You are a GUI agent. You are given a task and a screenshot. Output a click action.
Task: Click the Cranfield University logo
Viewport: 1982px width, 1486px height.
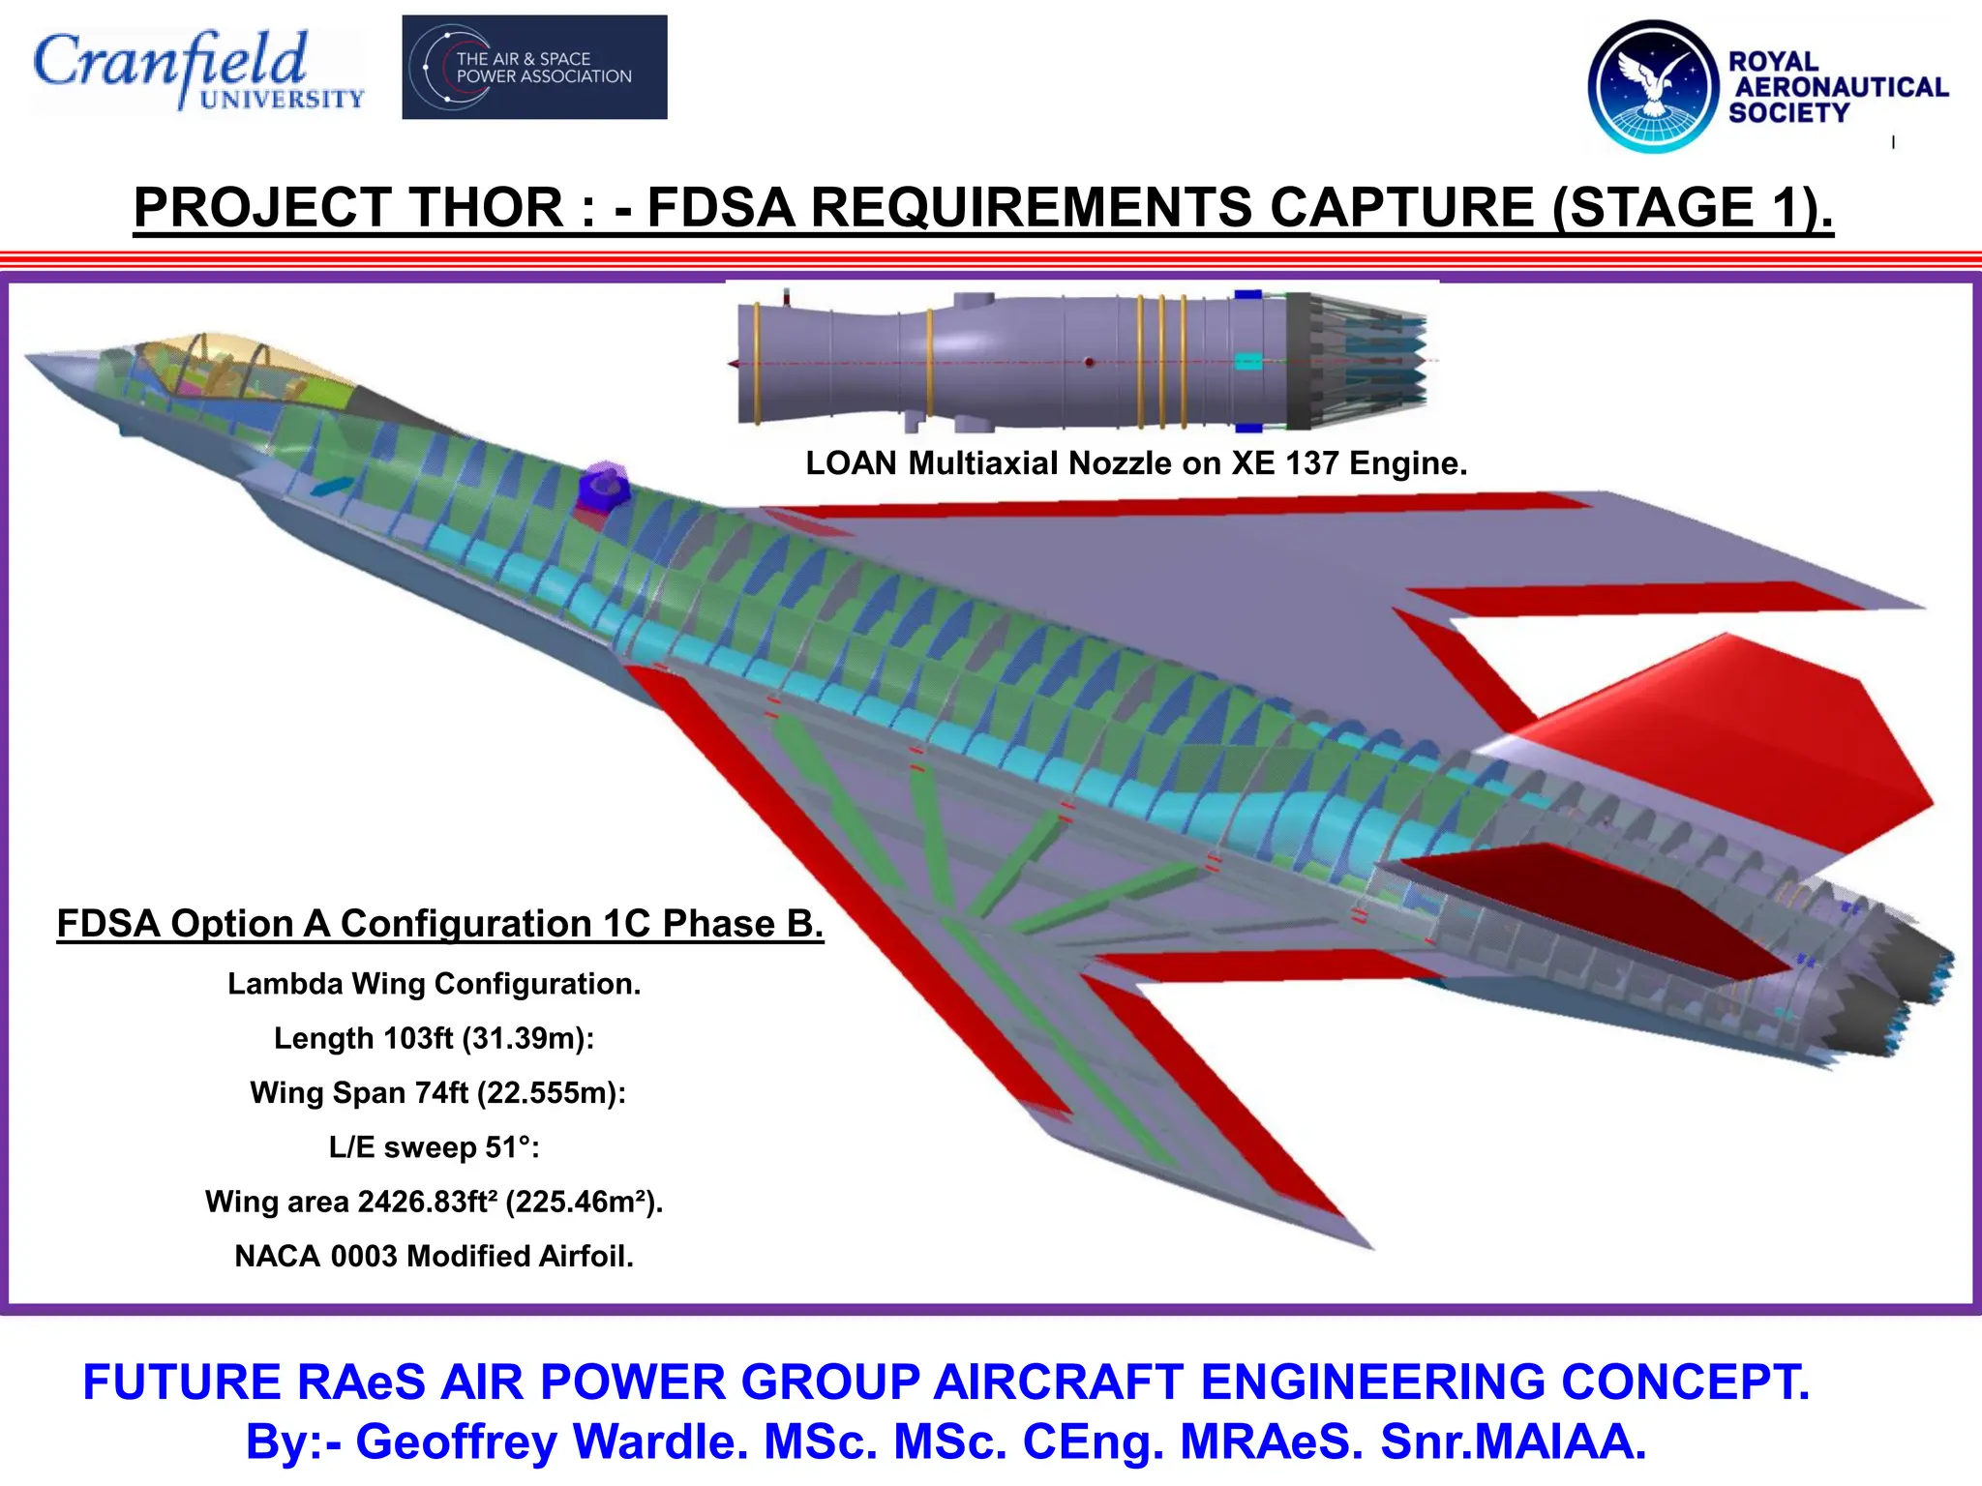tap(198, 70)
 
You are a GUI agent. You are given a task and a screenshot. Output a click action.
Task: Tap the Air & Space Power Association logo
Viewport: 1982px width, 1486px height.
tap(534, 68)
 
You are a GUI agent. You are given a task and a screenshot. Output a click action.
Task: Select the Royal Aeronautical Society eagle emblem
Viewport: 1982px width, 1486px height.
tap(1653, 87)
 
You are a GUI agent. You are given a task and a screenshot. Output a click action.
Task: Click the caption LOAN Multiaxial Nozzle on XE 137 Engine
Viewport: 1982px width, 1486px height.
tap(1136, 463)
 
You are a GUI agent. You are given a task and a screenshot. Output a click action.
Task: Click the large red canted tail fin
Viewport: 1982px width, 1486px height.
tap(1732, 745)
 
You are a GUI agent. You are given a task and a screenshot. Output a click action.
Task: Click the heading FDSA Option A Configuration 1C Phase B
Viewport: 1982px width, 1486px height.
tap(440, 924)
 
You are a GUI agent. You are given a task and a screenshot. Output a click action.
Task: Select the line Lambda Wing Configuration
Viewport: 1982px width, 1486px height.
tap(435, 984)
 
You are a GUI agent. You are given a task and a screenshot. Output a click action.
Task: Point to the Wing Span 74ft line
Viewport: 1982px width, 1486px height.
tap(438, 1092)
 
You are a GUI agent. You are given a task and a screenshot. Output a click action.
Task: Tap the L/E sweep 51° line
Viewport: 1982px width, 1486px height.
tap(435, 1147)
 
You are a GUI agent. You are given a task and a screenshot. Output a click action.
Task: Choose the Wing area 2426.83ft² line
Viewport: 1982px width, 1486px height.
tap(435, 1202)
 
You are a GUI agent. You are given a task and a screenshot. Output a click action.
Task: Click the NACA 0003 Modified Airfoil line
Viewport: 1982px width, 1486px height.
tap(435, 1256)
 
